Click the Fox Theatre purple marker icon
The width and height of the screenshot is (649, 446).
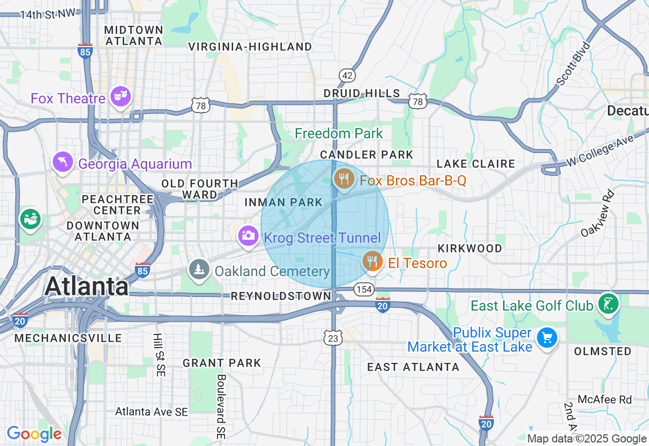click(121, 96)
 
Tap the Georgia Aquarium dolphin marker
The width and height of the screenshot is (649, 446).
click(63, 163)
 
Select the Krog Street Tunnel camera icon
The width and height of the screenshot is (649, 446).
click(248, 236)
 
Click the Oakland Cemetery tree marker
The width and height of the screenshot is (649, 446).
click(199, 270)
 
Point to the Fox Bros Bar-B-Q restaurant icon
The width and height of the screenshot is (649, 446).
click(344, 179)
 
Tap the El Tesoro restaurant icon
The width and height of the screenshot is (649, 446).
click(373, 262)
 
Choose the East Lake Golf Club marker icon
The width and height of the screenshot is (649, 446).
click(608, 304)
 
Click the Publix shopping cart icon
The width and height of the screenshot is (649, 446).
click(547, 338)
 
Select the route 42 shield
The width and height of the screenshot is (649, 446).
click(347, 76)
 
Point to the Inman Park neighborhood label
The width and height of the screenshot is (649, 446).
click(283, 203)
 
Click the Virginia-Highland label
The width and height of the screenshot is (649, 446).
click(250, 47)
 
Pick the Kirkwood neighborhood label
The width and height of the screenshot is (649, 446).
click(470, 248)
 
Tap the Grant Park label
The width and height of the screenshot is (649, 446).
click(222, 363)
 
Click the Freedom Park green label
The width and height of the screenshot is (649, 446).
click(339, 134)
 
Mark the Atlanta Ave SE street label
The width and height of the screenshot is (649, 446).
click(152, 412)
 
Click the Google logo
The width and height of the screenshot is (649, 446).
click(34, 434)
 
